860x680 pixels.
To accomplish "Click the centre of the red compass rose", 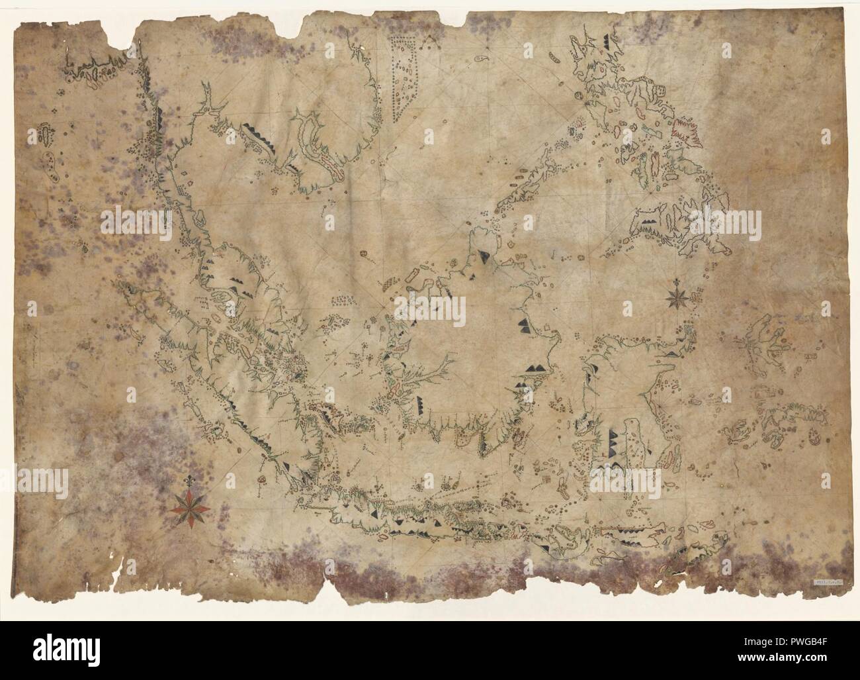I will coord(190,509).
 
